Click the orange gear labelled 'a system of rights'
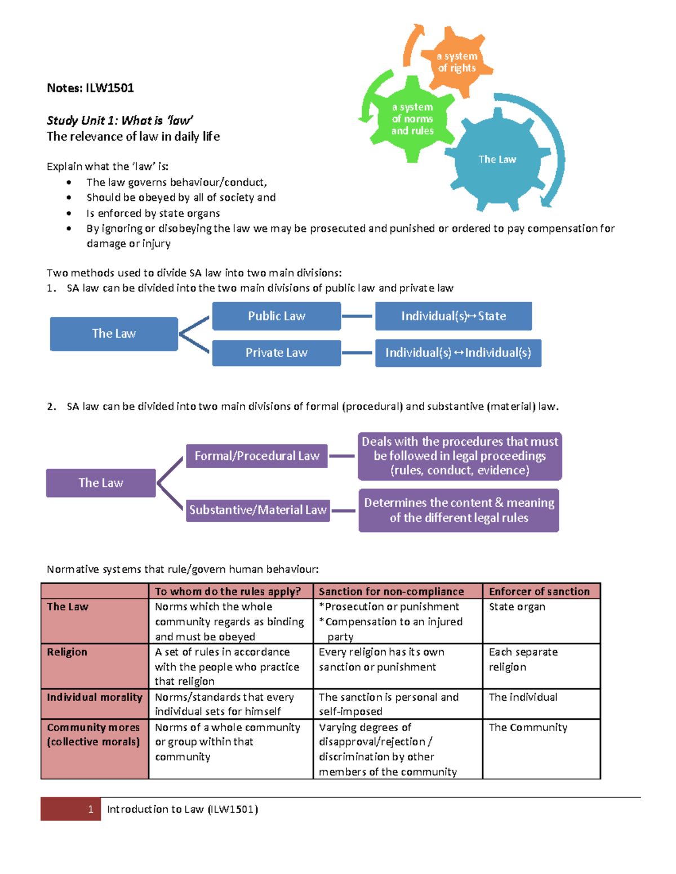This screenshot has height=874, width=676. click(457, 62)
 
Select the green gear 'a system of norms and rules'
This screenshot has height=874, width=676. click(412, 119)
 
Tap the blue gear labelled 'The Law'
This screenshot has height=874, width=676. click(497, 159)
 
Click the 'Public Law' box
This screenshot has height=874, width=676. click(276, 316)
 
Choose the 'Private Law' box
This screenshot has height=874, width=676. click(276, 353)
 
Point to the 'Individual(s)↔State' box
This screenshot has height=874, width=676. click(453, 316)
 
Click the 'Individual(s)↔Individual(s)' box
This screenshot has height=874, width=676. click(458, 353)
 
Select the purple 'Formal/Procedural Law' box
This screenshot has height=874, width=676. click(257, 456)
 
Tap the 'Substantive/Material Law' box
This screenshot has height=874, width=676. click(257, 510)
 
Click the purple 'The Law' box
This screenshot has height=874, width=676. click(101, 483)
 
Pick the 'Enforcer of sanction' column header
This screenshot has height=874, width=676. click(539, 591)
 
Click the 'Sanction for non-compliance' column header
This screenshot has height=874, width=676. click(391, 591)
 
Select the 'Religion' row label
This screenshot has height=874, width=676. click(67, 652)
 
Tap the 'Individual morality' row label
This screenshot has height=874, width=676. click(94, 697)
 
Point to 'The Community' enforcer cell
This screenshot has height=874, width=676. click(528, 727)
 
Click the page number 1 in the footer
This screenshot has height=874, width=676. click(90, 809)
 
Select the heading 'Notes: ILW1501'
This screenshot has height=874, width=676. click(90, 88)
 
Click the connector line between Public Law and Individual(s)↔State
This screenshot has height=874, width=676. click(357, 316)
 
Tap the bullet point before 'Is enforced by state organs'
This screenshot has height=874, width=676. click(69, 213)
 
